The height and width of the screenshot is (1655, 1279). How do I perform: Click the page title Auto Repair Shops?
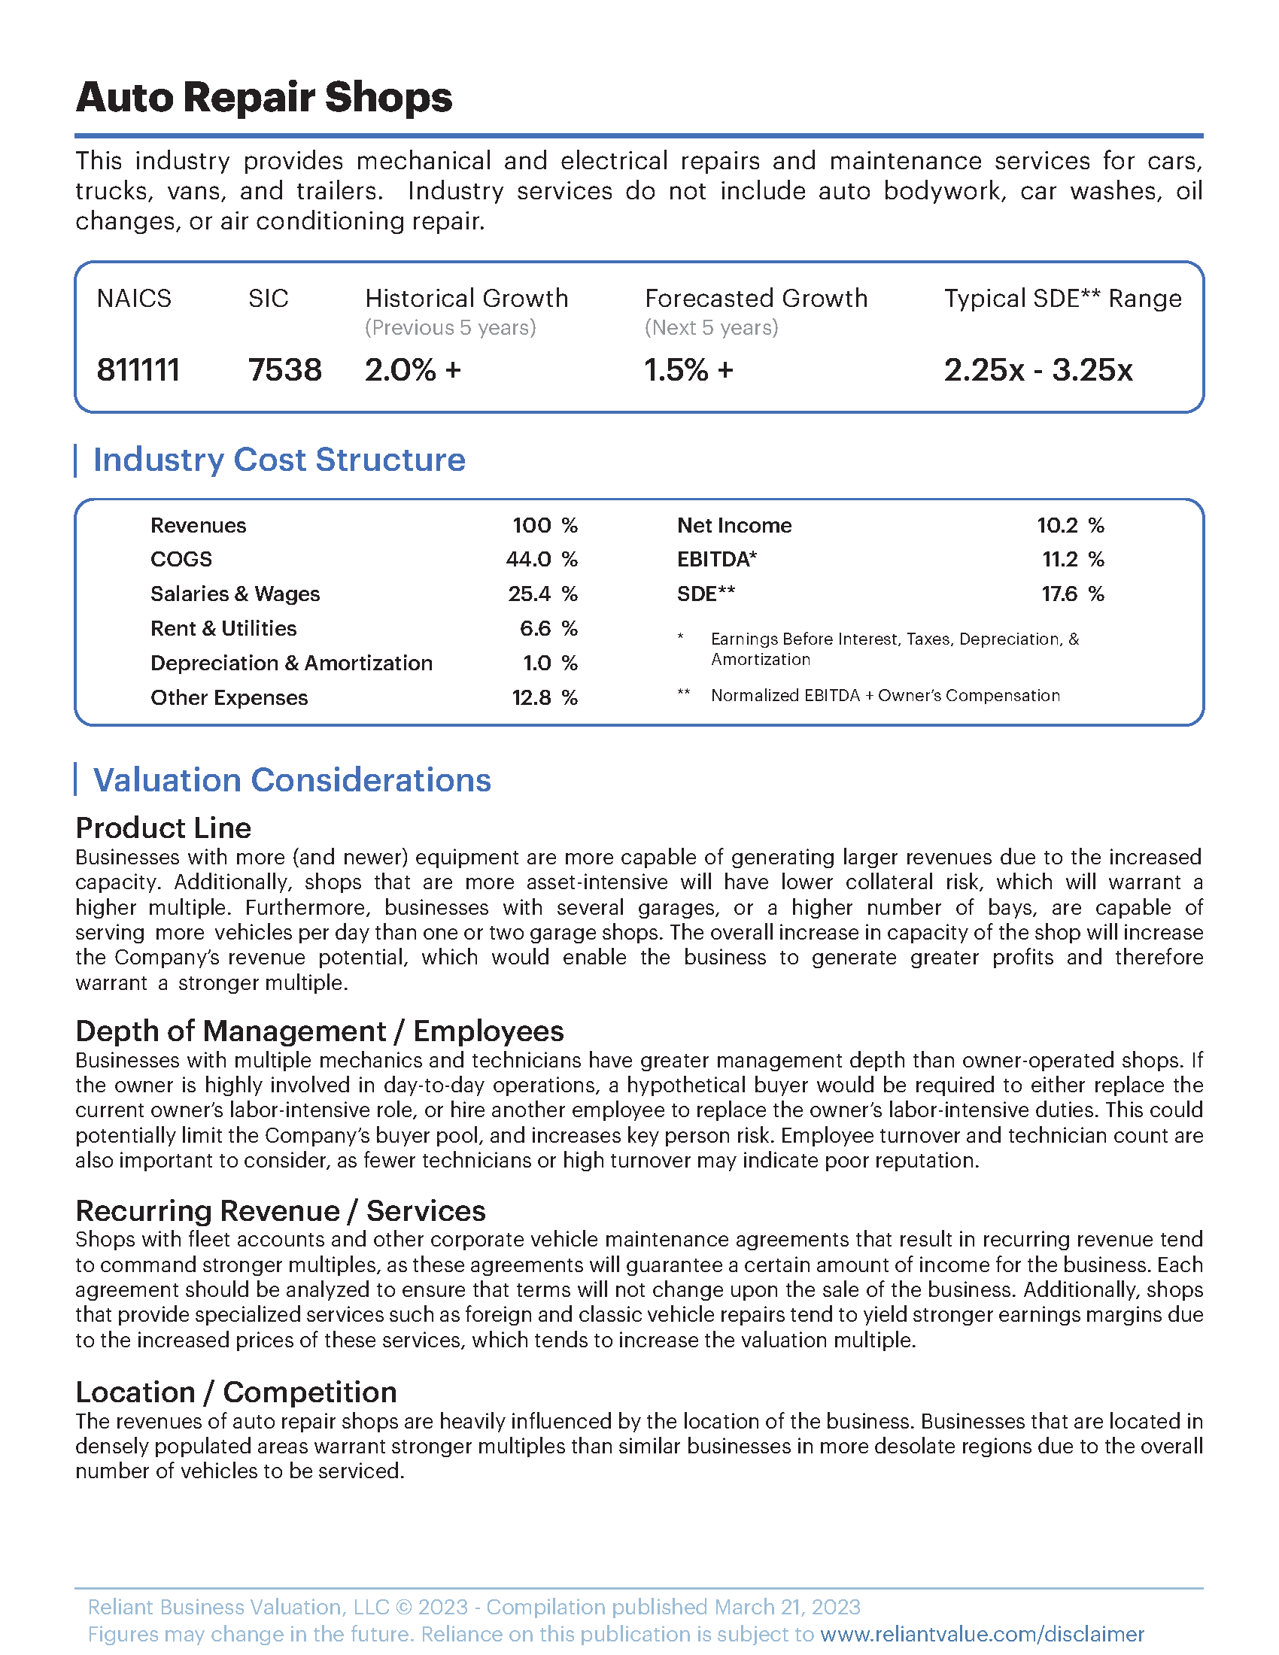(x=263, y=97)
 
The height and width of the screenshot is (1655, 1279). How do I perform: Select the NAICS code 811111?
(x=138, y=370)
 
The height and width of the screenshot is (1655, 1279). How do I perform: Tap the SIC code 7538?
(x=285, y=370)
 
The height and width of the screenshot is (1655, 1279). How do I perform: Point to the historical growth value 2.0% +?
(x=413, y=370)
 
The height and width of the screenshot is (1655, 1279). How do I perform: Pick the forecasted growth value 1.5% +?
(x=688, y=370)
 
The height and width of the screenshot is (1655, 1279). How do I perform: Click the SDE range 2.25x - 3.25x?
(x=1038, y=370)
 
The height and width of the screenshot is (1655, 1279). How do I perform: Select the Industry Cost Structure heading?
(x=279, y=460)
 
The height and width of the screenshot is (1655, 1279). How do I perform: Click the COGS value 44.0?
(x=528, y=559)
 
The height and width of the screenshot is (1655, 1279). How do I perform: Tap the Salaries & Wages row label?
(x=235, y=594)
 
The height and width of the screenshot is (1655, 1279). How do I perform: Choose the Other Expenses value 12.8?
(x=531, y=697)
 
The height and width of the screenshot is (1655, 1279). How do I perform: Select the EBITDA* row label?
(x=717, y=559)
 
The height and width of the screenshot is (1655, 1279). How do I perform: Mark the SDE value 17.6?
(x=1059, y=594)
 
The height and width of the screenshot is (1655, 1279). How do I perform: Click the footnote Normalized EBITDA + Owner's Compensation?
(x=885, y=695)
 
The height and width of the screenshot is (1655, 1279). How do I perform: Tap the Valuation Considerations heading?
(x=292, y=780)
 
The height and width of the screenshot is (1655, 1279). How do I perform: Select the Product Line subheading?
(x=163, y=827)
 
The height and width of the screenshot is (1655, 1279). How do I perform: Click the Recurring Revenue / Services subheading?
(x=281, y=1210)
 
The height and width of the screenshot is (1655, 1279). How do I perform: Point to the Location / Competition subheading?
(x=235, y=1392)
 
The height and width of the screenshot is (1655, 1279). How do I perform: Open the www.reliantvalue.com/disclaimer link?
(x=982, y=1634)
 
